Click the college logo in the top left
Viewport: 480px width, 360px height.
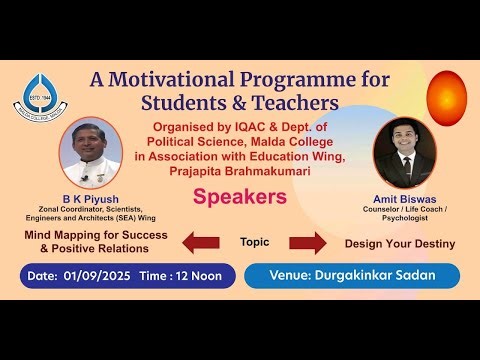click(37, 95)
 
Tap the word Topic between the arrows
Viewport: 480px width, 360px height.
click(256, 241)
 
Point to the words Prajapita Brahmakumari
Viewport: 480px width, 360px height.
click(239, 171)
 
